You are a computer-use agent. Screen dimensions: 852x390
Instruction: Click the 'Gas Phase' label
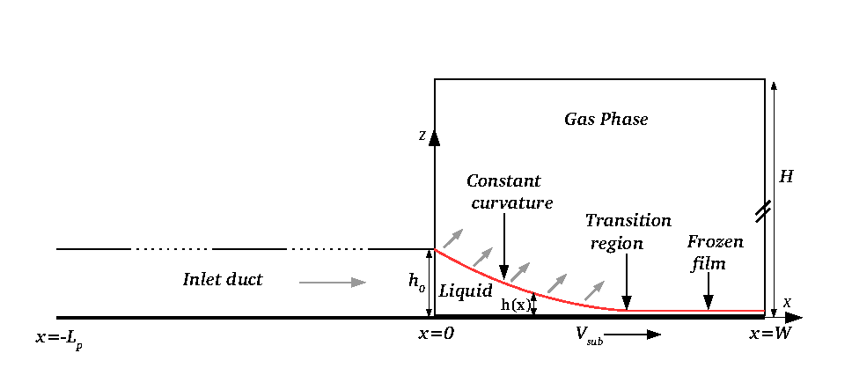606,119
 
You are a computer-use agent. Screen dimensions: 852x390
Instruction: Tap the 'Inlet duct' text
223,279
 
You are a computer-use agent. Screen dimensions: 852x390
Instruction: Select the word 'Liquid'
466,291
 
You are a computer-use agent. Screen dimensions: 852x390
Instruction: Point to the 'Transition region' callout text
628,232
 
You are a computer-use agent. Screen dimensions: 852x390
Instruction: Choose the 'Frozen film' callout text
716,254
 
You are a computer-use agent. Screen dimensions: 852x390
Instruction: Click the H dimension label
786,177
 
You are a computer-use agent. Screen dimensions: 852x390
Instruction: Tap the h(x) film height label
515,305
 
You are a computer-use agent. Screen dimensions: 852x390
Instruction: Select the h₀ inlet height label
417,282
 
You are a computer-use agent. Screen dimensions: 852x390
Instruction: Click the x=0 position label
436,334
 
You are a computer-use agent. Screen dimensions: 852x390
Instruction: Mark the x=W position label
770,334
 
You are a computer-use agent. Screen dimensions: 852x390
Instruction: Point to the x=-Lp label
59,339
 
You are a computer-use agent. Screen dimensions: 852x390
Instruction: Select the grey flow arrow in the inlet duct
333,282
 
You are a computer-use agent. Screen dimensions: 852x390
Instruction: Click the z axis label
422,136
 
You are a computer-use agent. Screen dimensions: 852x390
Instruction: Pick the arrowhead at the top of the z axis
434,138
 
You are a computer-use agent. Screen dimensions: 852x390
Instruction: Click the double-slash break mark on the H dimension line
765,211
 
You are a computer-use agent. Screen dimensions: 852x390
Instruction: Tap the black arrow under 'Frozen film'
709,291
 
